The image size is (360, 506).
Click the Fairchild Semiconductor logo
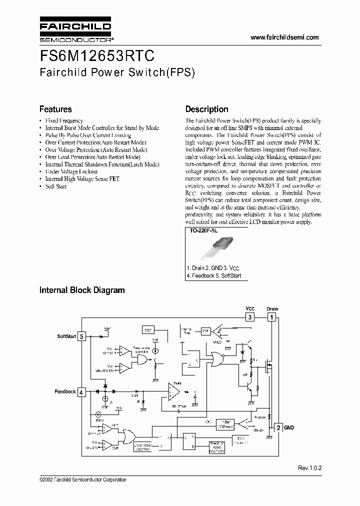tap(75, 30)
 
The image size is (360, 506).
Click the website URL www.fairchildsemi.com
tap(284, 37)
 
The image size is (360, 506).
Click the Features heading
tap(55, 109)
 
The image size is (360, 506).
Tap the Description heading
tap(206, 109)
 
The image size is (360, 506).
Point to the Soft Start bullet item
tap(55, 186)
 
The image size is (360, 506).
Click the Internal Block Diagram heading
tap(82, 290)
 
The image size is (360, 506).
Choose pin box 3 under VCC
tap(249, 317)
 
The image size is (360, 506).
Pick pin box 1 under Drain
tap(272, 317)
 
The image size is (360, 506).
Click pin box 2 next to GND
tap(278, 428)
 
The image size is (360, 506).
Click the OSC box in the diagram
tap(148, 330)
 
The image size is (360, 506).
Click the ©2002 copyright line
tap(82, 480)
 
